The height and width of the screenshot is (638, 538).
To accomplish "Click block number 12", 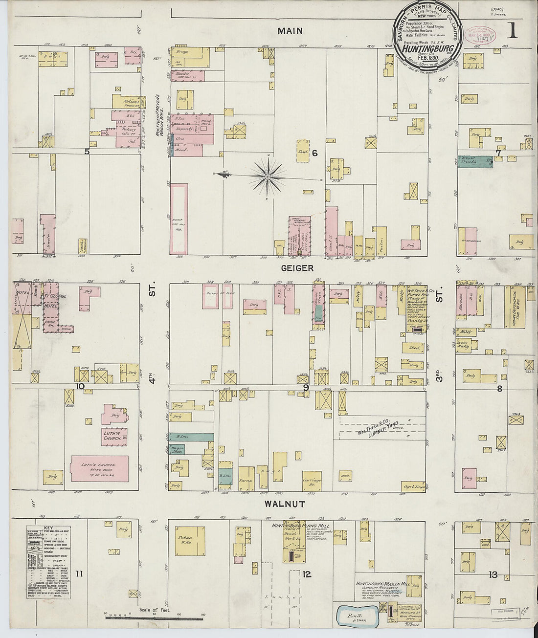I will point(307,574).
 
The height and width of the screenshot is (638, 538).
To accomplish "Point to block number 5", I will point(87,152).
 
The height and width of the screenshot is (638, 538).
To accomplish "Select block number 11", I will point(79,574).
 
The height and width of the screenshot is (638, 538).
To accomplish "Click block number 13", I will point(493,575).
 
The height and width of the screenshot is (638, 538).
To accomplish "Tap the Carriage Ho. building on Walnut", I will point(312,482).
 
